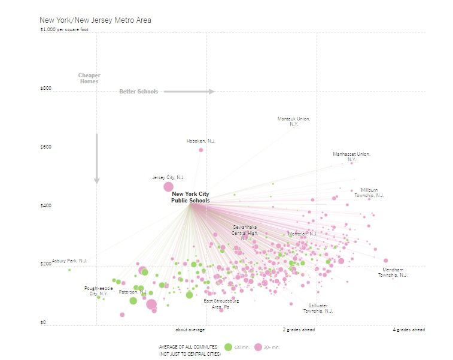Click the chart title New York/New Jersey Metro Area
click(x=95, y=20)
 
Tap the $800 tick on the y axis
click(x=46, y=89)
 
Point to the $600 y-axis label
click(x=46, y=147)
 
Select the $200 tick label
click(x=46, y=264)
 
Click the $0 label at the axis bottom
click(x=42, y=323)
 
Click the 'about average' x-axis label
click(x=190, y=330)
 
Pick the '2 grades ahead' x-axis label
click(x=299, y=330)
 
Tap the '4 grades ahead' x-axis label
click(x=409, y=330)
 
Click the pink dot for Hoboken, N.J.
click(x=201, y=150)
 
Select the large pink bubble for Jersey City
click(x=169, y=187)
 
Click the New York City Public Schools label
click(x=190, y=197)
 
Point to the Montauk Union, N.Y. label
click(x=294, y=121)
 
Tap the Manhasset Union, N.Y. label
click(x=351, y=157)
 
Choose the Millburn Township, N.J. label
click(x=369, y=192)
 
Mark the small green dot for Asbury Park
click(x=69, y=270)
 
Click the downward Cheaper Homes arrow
click(x=96, y=159)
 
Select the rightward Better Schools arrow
click(x=189, y=92)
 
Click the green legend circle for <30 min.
click(x=227, y=347)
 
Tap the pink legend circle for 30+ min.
click(x=259, y=347)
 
